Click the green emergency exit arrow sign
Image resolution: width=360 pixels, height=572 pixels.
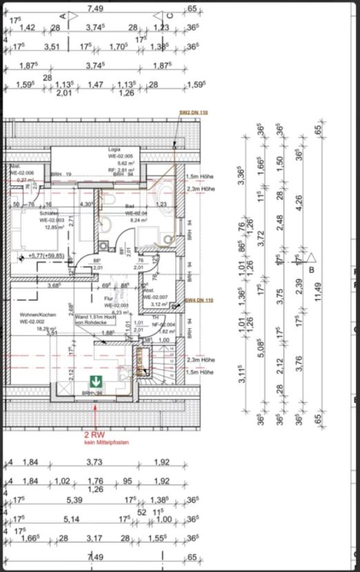click(94, 380)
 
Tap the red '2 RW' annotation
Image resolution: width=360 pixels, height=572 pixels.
click(94, 435)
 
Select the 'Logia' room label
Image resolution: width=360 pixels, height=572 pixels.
click(114, 150)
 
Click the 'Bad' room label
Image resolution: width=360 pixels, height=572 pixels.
click(129, 206)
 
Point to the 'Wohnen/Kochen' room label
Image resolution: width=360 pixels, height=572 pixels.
click(37, 314)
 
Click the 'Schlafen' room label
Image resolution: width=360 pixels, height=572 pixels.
click(49, 214)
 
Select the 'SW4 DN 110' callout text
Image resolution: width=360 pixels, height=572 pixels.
click(199, 300)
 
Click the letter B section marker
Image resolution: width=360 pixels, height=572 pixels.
click(311, 270)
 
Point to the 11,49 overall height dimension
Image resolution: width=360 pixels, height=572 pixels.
click(318, 292)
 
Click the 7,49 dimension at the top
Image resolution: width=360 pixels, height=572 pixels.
click(95, 8)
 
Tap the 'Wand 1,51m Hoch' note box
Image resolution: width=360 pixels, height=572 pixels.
click(90, 319)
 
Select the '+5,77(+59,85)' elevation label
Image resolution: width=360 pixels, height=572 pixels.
click(46, 256)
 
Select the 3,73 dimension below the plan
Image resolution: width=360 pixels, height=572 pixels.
click(94, 462)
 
